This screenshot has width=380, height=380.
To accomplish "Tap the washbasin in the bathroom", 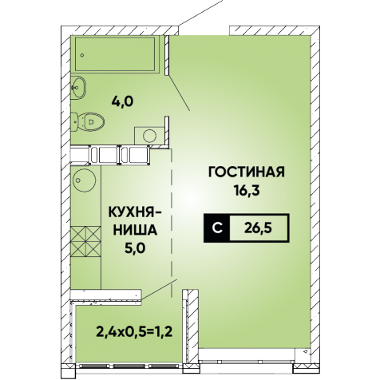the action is pos(79,87).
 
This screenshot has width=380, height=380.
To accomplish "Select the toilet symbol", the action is pos(87,122).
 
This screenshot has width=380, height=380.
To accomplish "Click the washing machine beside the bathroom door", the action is pos(149,136).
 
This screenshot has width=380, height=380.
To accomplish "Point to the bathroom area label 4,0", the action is pos(123,101).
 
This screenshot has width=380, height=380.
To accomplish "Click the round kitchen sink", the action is pos(85,180).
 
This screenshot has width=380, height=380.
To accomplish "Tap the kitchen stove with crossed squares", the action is pos(86,242).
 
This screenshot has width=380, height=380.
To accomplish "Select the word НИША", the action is pos(135,230).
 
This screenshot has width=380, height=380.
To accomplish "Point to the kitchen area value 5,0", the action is pos(134,247).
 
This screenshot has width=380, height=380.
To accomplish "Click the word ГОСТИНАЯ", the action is pos(247,172).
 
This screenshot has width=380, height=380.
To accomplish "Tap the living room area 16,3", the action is pos(247,190).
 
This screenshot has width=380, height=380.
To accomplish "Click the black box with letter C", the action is pos(217,228).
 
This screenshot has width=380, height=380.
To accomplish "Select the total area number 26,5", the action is pos(259,228).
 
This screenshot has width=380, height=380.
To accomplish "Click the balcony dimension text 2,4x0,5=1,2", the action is pos(134,331).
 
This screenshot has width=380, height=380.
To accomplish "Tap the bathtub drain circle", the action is pos(82,55).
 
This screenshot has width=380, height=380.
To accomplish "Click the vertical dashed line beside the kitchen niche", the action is pos(172,223).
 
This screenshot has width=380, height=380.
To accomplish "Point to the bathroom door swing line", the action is pos(179,92).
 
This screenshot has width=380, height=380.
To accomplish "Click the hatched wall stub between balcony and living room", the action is pos(190,327).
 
